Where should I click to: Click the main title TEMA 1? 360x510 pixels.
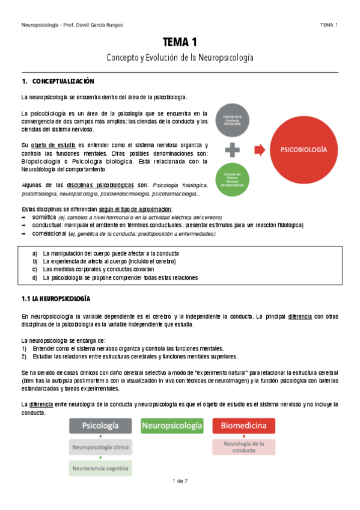180,42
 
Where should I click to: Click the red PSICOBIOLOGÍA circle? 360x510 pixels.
304,149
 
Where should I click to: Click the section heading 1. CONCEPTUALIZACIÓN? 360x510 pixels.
58,81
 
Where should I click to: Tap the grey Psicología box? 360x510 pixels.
100,426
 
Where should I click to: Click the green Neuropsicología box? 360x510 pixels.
171,426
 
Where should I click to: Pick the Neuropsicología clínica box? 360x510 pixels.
100,447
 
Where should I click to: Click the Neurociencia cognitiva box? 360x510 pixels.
100,468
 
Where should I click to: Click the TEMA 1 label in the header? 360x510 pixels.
328,25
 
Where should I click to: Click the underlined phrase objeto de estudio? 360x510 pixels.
50,145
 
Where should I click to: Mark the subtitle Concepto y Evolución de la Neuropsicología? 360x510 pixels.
180,58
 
